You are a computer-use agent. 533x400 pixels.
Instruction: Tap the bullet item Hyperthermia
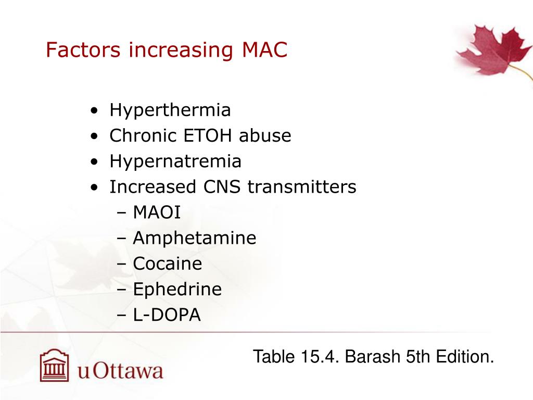pyautogui.click(x=170, y=110)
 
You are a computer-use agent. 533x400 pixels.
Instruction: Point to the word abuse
pyautogui.click(x=265, y=136)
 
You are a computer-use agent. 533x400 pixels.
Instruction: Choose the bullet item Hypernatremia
pyautogui.click(x=175, y=161)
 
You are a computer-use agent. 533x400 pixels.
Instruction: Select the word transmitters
pyautogui.click(x=302, y=186)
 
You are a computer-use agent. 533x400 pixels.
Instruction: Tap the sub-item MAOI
pyautogui.click(x=157, y=212)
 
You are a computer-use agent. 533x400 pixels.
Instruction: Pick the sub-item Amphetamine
pyautogui.click(x=194, y=238)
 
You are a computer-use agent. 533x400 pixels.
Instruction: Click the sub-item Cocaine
pyautogui.click(x=167, y=264)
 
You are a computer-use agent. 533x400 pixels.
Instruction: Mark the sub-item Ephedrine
pyautogui.click(x=177, y=289)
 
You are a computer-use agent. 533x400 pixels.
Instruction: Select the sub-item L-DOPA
pyautogui.click(x=167, y=315)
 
